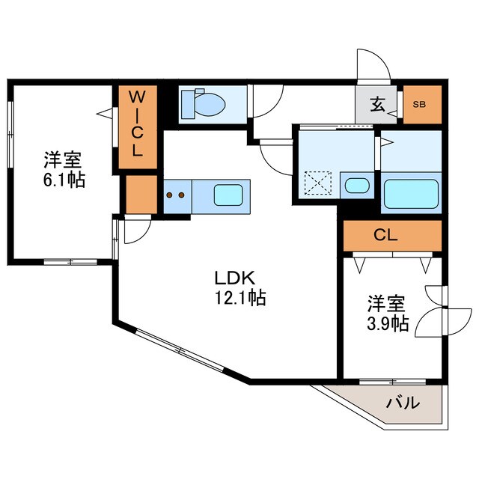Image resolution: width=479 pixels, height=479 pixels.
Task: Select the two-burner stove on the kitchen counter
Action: [174, 195]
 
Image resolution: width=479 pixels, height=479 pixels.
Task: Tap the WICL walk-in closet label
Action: [138, 123]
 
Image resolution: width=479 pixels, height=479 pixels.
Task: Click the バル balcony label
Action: [402, 403]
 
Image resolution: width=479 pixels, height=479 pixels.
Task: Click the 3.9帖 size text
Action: [387, 324]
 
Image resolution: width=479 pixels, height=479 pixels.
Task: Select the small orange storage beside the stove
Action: [141, 194]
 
